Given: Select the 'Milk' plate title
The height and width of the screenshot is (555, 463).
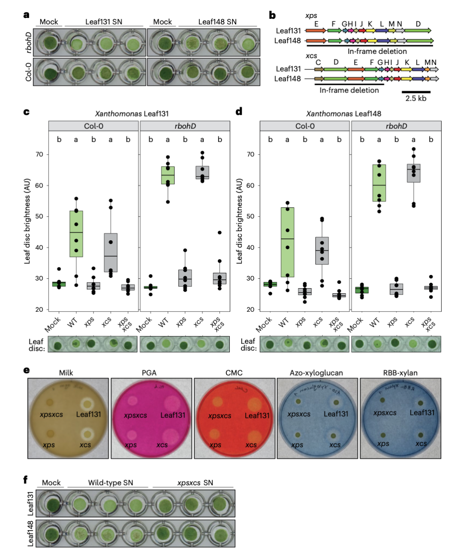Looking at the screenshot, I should click(66, 373).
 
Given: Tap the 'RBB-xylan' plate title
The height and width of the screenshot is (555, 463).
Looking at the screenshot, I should click(400, 373).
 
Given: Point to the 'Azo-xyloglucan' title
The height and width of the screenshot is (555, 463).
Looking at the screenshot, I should click(316, 373).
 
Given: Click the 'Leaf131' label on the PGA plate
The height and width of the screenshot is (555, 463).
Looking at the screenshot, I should click(173, 415).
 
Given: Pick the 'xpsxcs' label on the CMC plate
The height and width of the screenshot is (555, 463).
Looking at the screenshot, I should click(219, 415).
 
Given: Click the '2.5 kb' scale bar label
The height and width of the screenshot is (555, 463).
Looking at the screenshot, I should click(416, 98).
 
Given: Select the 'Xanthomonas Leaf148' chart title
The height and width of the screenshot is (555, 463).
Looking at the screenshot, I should click(343, 113).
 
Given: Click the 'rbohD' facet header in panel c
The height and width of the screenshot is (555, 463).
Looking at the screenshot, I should click(185, 126).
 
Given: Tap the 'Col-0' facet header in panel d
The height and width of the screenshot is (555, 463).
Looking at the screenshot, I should click(305, 126).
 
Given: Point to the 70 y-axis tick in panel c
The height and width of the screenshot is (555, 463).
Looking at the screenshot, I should click(39, 154).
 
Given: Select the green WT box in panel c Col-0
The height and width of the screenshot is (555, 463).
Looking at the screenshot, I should click(76, 233).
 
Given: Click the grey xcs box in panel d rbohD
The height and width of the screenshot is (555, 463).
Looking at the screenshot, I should click(413, 173).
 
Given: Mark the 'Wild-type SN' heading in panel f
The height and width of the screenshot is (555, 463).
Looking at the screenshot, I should click(111, 483).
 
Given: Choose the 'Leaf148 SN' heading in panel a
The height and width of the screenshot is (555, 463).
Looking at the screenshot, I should click(217, 22).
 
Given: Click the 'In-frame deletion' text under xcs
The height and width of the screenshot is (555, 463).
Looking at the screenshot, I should click(349, 90).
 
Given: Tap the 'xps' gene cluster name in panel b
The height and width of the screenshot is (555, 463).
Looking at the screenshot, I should click(311, 15).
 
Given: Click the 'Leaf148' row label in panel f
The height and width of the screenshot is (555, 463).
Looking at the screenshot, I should click(30, 533).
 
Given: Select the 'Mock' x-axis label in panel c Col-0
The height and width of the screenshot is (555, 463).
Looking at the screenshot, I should click(53, 325).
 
